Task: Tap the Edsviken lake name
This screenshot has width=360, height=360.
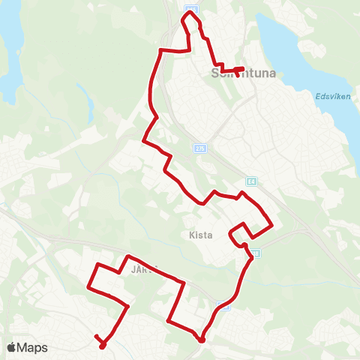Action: [328, 95]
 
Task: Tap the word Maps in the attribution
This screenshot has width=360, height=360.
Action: [34, 347]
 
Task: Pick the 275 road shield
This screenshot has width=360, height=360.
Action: [199, 148]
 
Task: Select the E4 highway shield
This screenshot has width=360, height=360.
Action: [250, 181]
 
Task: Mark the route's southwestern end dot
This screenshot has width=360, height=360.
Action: [101, 346]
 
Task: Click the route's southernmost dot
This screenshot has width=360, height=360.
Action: [202, 340]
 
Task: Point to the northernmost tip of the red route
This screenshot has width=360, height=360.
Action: [187, 12]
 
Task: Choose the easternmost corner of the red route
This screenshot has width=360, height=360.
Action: [272, 224]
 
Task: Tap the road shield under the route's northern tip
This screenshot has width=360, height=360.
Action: [191, 7]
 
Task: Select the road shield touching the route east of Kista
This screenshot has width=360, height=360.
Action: [256, 253]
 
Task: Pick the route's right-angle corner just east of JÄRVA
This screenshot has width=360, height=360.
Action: [183, 283]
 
